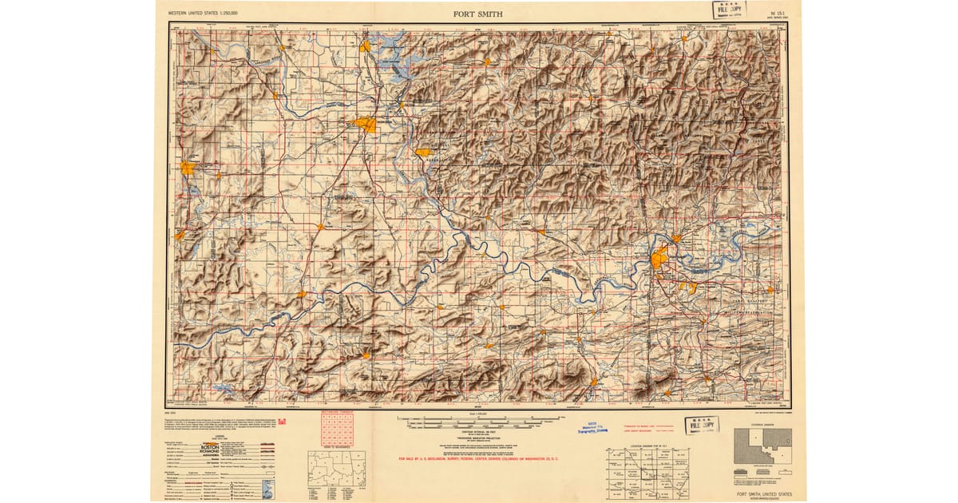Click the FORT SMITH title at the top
click(478, 14)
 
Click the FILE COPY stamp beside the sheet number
click(729, 10)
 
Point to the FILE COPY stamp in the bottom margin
click(702, 425)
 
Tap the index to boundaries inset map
click(336, 469)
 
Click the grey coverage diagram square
click(762, 442)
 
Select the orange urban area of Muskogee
click(366, 125)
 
